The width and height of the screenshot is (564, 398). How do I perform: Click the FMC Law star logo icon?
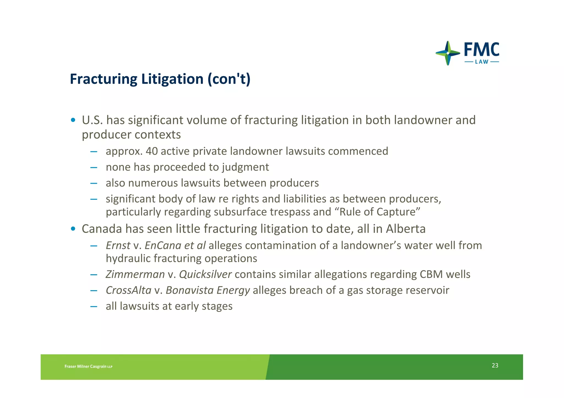point(448,53)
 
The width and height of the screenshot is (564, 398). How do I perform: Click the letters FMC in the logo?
point(481,50)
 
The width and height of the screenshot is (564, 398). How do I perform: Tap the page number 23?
point(495,365)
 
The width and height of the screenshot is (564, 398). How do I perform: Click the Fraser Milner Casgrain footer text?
point(88,366)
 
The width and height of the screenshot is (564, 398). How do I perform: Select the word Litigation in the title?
point(172,79)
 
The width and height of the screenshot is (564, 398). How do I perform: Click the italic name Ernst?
point(118,245)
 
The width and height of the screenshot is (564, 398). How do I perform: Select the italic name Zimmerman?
point(135,275)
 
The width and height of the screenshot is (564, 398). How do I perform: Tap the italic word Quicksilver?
point(205,275)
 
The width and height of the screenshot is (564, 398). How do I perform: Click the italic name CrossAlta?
point(128,290)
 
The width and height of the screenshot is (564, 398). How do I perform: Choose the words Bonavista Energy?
point(208,290)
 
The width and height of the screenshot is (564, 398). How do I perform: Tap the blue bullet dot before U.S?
point(73,120)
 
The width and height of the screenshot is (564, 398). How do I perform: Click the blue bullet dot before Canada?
point(73,229)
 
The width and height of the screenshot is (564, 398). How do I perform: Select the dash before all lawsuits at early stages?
point(94,306)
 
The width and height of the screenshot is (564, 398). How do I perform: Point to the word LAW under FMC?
point(482,62)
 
